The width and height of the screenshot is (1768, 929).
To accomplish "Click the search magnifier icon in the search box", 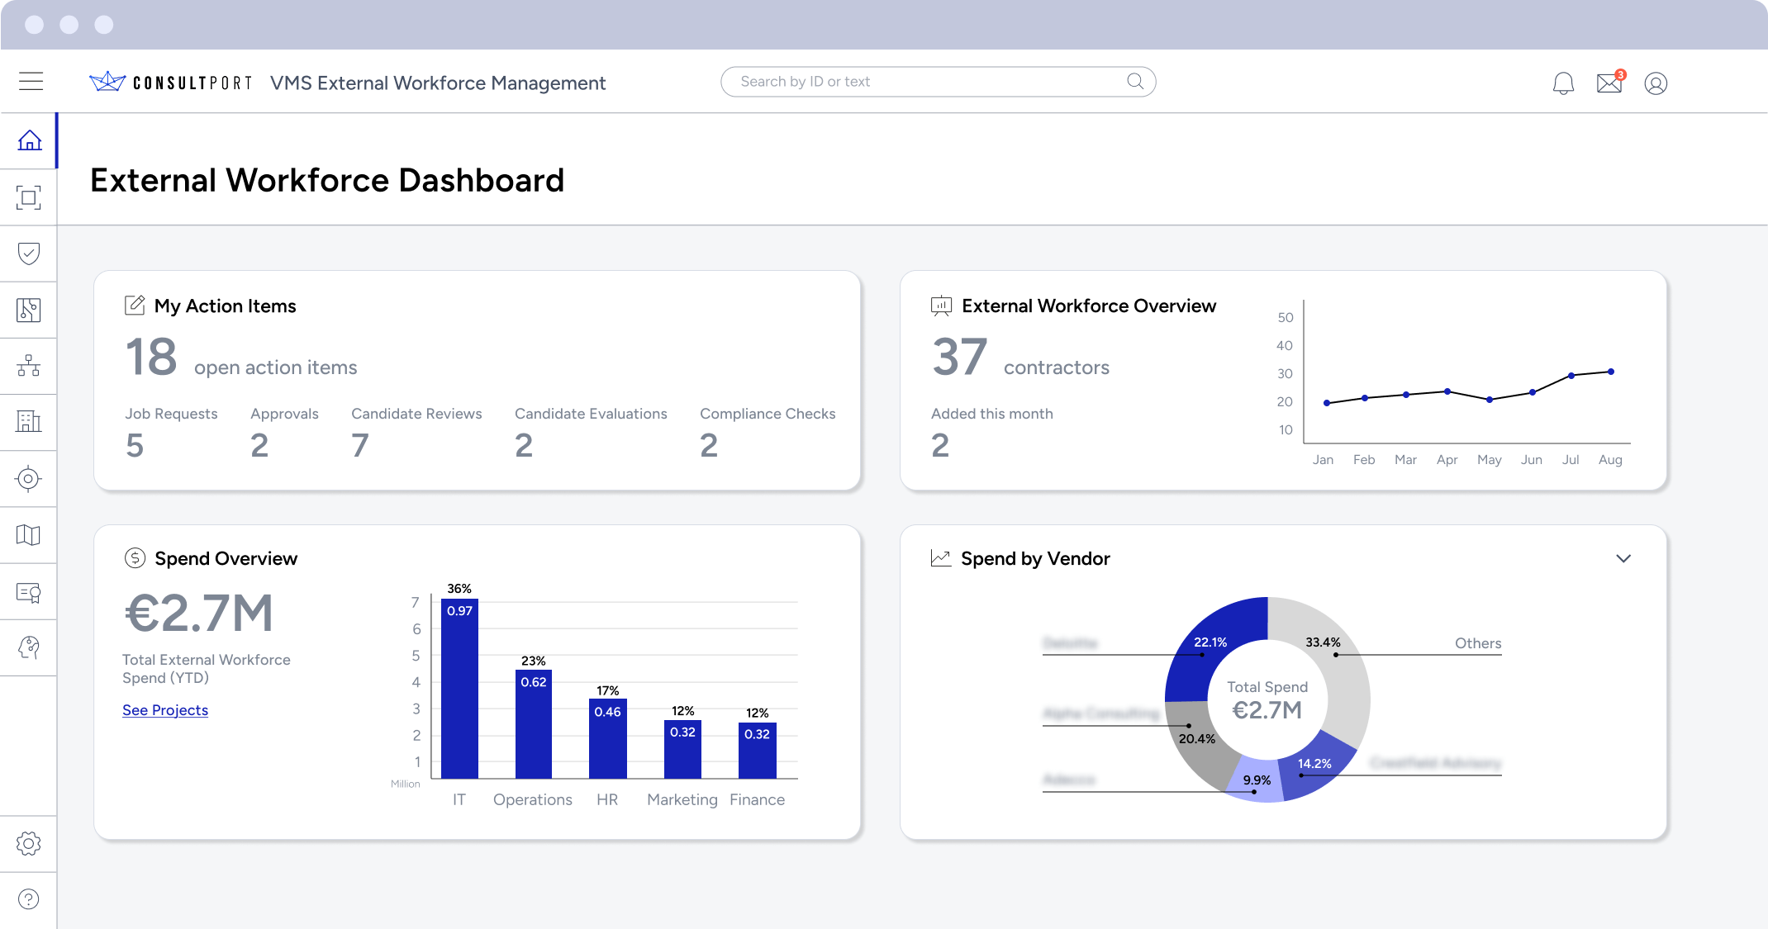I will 1135,81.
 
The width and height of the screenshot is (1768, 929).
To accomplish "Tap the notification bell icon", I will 1563,83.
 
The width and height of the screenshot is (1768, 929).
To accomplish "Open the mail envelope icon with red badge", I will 1609,83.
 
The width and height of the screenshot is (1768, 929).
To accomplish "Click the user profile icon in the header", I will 1656,83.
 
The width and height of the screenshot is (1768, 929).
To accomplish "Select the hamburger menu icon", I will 31,81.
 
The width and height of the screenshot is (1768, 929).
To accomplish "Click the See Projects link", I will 165,710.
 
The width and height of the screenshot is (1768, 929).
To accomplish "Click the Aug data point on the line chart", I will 1611,372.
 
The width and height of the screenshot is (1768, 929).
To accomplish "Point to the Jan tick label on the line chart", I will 1323,460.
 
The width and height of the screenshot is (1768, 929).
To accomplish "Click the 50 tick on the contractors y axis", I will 1286,318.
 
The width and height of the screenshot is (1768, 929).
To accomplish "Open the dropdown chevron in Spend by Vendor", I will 1623,558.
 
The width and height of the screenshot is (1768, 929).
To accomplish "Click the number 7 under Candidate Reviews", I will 359,446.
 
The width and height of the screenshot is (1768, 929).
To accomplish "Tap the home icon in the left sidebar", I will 30,140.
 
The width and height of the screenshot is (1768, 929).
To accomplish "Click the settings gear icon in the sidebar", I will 29,843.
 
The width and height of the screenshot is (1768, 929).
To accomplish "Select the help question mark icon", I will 29,899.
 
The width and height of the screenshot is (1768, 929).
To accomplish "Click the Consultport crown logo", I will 107,81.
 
